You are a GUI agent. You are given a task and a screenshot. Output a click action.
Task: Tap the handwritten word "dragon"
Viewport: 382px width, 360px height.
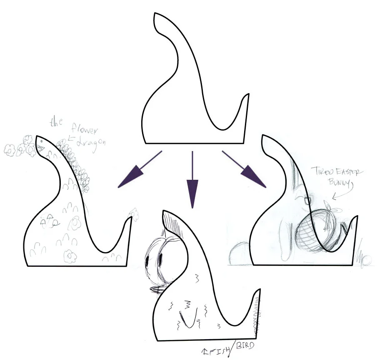[92, 142]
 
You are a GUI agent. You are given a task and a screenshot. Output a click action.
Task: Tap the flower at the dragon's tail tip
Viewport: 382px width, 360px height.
[135, 213]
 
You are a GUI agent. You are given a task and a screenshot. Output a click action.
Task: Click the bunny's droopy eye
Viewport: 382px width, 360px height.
[309, 201]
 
